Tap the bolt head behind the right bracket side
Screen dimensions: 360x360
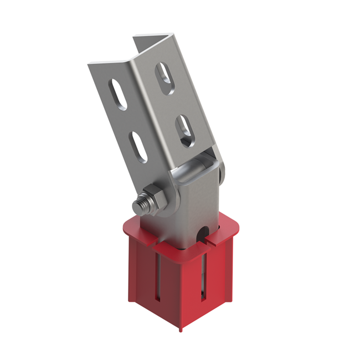[x=223, y=175]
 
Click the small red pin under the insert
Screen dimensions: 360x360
[x=180, y=330]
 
